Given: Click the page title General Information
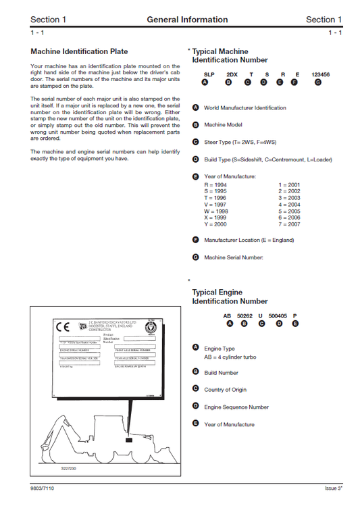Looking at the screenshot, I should (x=187, y=20).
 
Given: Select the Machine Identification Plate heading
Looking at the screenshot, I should (x=79, y=51).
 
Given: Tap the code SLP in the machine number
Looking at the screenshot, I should (x=209, y=74).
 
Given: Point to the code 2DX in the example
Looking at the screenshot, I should (x=232, y=74).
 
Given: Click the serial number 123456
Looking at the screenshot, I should (x=319, y=74).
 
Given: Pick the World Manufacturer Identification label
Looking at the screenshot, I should (x=245, y=108).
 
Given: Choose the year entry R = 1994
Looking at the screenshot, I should (x=215, y=184).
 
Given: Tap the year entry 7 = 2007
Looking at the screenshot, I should (x=289, y=224).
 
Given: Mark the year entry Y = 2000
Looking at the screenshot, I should (x=215, y=224).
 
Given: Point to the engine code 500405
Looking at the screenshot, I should (x=278, y=315).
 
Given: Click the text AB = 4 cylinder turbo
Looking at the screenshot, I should (x=230, y=357).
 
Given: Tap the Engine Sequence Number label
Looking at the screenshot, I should (x=236, y=407).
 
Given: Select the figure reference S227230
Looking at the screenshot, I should (x=69, y=467).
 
